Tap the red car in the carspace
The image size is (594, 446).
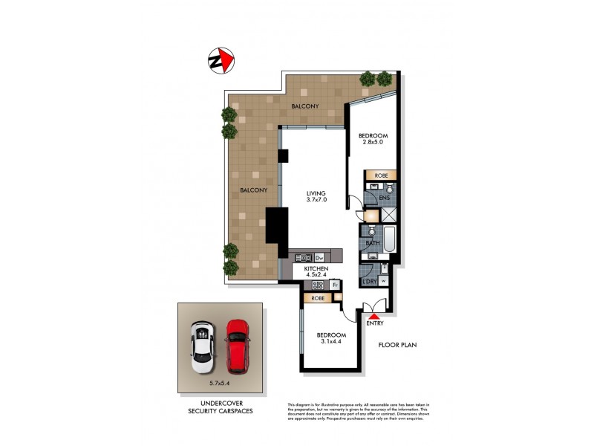[238, 346]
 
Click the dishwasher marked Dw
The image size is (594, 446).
[319, 257]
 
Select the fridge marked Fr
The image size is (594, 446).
[335, 285]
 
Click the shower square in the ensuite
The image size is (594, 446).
[388, 215]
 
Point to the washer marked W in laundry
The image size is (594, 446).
[383, 281]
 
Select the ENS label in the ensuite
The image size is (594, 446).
[384, 198]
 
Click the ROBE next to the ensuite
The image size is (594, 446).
[380, 175]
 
